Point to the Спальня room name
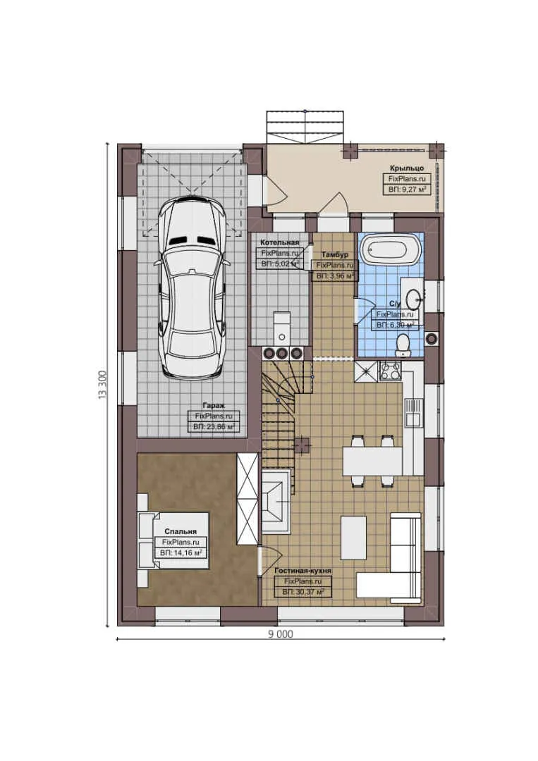coord(181,532)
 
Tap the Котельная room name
coord(280,242)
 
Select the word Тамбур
coord(334,254)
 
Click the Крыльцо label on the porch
coord(407,169)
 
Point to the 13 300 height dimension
coord(102,385)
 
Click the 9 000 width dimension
coord(280,633)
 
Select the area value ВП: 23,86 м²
coord(214,427)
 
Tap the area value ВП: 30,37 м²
coord(302,593)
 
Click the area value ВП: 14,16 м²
coord(181,553)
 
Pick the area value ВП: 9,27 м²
coord(408,190)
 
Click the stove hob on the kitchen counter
coord(390,371)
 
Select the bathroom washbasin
coord(413,296)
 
